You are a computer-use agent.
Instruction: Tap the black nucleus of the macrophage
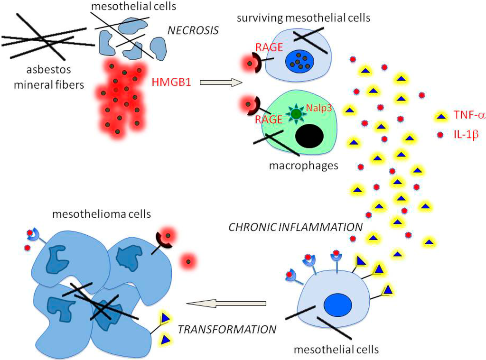[309, 136]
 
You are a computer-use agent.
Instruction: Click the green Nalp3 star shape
[296, 114]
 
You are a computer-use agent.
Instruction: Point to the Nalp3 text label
[318, 108]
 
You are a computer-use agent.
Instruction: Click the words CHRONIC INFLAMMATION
[295, 227]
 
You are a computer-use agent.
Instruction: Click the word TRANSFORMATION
[226, 329]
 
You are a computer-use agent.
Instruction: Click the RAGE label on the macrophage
[269, 120]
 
